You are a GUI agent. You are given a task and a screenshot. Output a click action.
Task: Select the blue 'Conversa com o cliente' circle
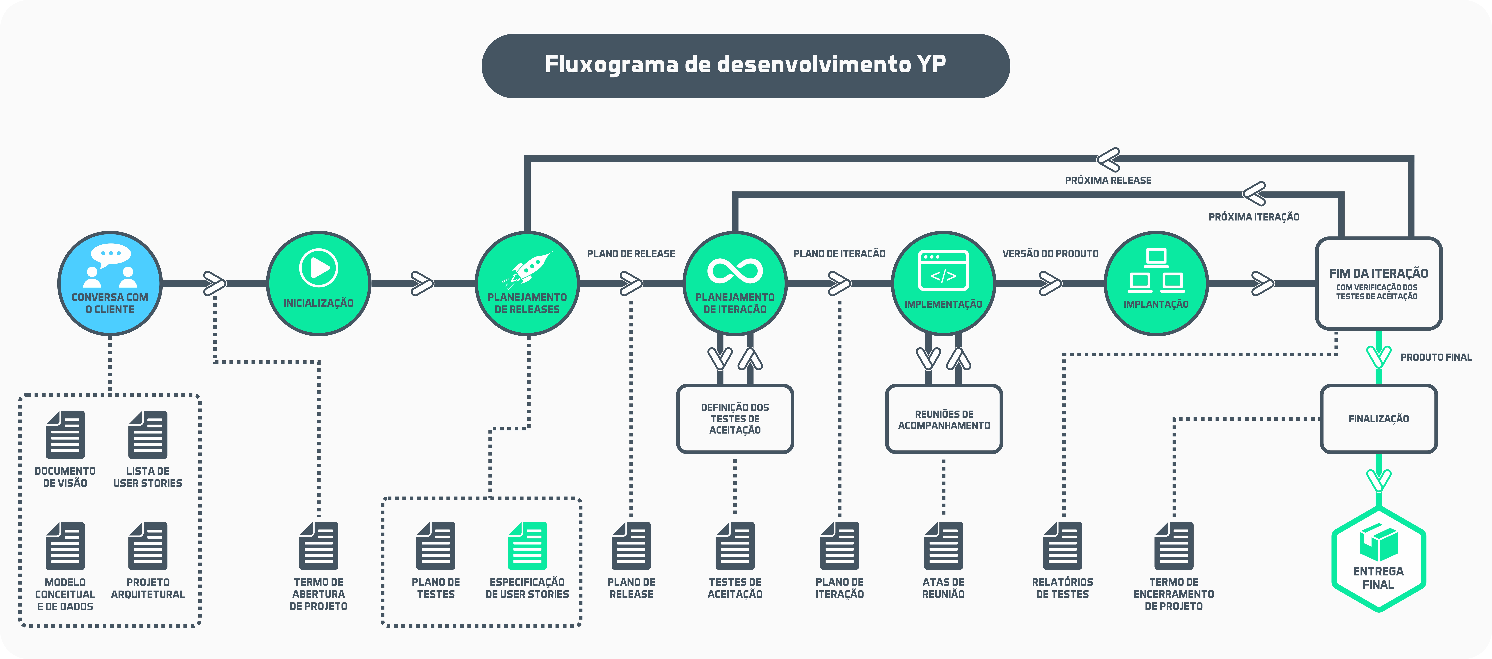(x=110, y=284)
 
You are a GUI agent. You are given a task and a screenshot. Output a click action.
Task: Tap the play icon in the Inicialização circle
(x=319, y=268)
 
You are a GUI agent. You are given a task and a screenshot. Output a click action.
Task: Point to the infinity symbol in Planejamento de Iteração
(x=735, y=271)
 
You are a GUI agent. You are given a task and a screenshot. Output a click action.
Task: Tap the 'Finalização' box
(x=1378, y=419)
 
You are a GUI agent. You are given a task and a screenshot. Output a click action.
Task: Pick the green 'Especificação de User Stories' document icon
(x=527, y=545)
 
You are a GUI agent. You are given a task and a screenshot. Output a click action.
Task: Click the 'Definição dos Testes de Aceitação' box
(x=735, y=419)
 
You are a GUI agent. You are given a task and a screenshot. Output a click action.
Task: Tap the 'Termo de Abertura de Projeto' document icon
(x=319, y=545)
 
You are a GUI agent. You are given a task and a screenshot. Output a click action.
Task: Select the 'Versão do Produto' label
(x=1050, y=254)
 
